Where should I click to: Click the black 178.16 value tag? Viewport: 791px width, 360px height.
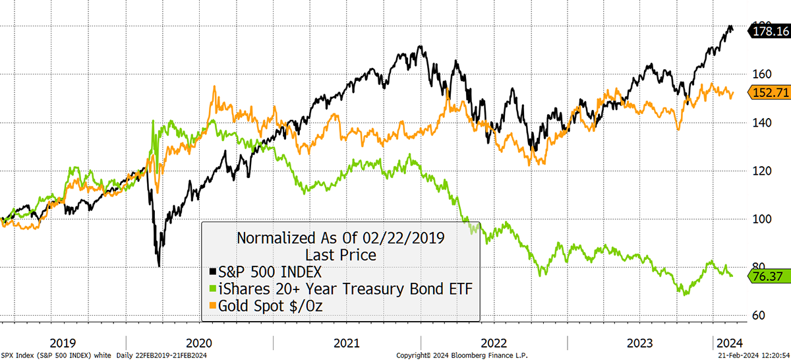[771, 30]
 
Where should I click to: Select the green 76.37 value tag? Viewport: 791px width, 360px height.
[771, 276]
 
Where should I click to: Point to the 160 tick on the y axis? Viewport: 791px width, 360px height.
[759, 75]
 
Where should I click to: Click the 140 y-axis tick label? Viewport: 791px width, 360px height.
[759, 123]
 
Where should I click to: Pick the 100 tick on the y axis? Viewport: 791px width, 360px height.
[759, 219]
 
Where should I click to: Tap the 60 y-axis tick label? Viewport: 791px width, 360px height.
[759, 315]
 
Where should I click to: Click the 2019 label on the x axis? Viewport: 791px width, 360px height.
[62, 343]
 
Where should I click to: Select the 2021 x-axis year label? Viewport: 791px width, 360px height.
[347, 343]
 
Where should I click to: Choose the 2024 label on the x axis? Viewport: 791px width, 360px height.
[730, 343]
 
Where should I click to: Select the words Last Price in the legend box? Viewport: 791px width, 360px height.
[340, 255]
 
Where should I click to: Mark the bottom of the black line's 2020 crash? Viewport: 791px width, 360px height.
[159, 266]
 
